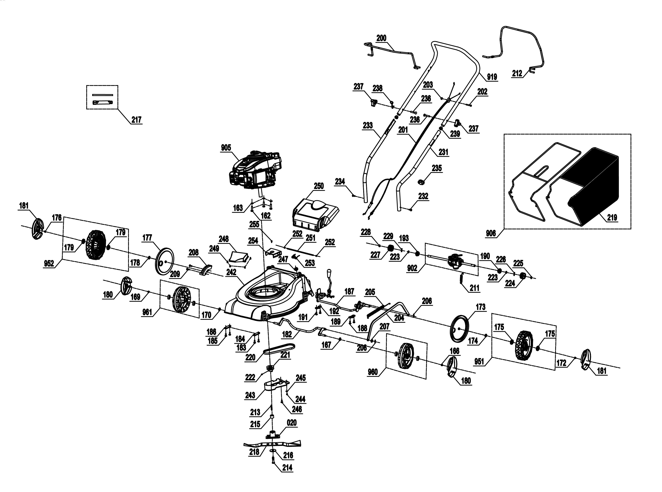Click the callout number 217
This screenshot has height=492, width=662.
coord(136,120)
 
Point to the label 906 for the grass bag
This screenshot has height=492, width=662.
coord(491,233)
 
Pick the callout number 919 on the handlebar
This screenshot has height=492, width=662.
coord(492,77)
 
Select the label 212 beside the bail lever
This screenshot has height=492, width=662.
coord(517,73)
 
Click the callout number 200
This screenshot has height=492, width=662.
coord(381,38)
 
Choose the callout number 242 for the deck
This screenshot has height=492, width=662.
coord(231,272)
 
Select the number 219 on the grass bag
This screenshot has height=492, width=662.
coord(612,218)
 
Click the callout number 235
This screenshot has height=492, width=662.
coord(437,168)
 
